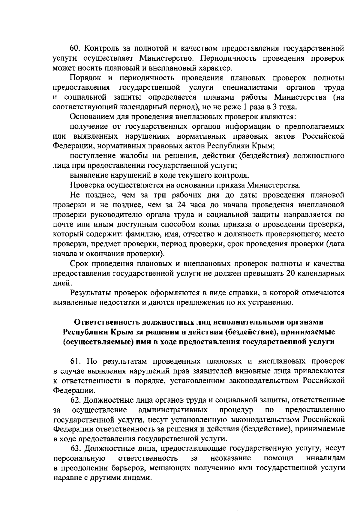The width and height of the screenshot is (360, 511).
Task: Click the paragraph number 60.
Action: coord(74,49)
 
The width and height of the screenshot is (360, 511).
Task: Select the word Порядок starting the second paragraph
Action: coord(85,78)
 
